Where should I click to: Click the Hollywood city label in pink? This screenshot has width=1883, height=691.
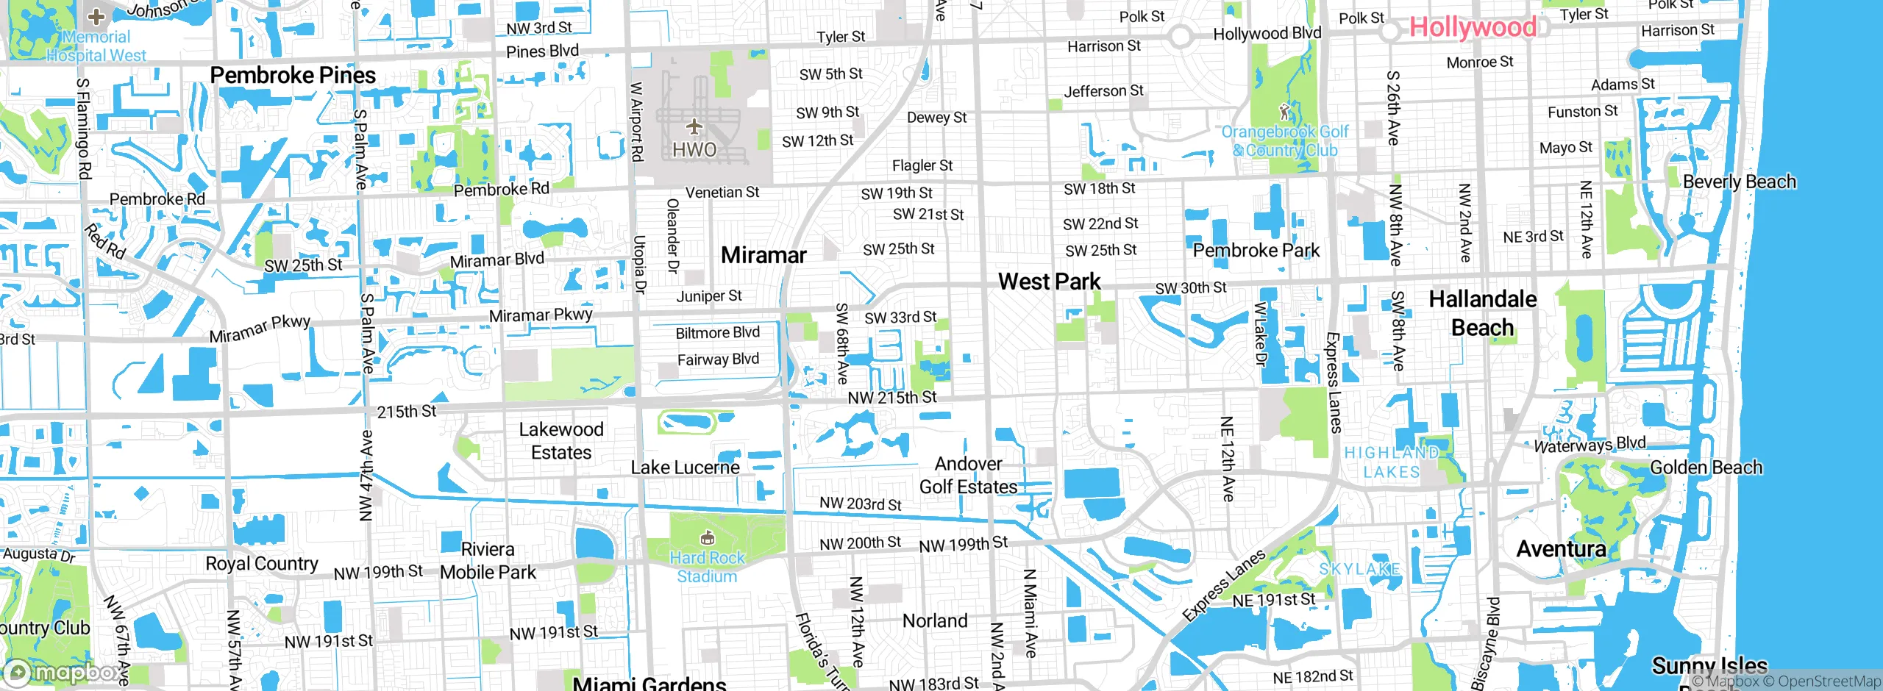[x=1473, y=28]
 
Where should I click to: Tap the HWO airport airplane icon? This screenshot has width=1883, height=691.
[x=694, y=127]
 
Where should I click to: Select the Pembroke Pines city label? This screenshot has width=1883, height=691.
[x=293, y=75]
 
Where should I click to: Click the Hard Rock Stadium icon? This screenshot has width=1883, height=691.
[x=707, y=538]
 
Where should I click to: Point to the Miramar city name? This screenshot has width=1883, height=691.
[x=763, y=255]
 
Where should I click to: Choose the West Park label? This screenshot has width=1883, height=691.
[x=1049, y=282]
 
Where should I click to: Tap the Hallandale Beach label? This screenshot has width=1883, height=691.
[x=1482, y=313]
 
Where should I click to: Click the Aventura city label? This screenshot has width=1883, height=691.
[x=1561, y=549]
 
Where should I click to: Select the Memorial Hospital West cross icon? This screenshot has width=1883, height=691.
[x=96, y=16]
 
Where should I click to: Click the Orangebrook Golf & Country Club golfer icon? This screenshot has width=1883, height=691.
[x=1284, y=112]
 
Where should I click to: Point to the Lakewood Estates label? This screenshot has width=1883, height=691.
[x=561, y=440]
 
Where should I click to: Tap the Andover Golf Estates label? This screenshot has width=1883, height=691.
[x=968, y=476]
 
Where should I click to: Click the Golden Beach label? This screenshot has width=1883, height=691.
[x=1706, y=468]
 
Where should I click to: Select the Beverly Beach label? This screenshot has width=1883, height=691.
[x=1739, y=182]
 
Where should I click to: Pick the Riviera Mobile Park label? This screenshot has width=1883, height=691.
[x=488, y=561]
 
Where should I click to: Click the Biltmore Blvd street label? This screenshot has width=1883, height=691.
[x=717, y=333]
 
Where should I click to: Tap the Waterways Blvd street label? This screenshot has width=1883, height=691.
[x=1590, y=445]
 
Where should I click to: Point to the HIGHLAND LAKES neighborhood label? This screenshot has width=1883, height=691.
[x=1391, y=462]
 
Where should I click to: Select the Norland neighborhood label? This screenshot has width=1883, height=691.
[x=935, y=621]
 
